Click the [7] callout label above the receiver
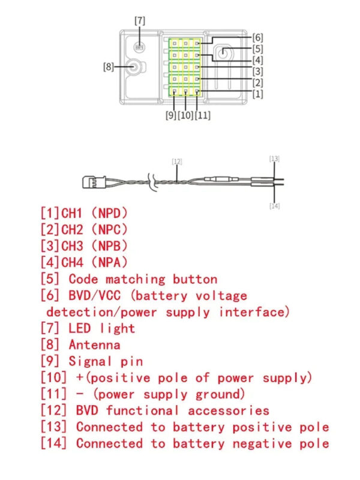pyautogui.click(x=140, y=21)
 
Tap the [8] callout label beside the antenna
pyautogui.click(x=109, y=67)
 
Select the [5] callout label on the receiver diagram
pyautogui.click(x=258, y=49)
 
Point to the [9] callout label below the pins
pyautogui.click(x=171, y=115)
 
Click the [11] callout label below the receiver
pyautogui.click(x=203, y=115)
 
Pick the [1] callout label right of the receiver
pyautogui.click(x=258, y=94)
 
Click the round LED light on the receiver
pyautogui.click(x=140, y=47)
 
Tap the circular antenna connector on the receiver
pyautogui.click(x=133, y=67)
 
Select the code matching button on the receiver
pyautogui.click(x=223, y=52)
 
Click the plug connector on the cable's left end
pyautogui.click(x=94, y=182)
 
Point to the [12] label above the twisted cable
pyautogui.click(x=177, y=161)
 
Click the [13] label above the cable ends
pyautogui.click(x=274, y=158)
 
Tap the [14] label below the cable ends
pyautogui.click(x=275, y=206)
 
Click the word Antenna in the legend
pyautogui.click(x=95, y=345)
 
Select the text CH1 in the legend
pyautogui.click(x=72, y=213)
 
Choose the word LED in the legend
pyautogui.click(x=80, y=328)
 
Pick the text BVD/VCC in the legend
pyautogui.click(x=95, y=295)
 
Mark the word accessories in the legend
pyautogui.click(x=229, y=411)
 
